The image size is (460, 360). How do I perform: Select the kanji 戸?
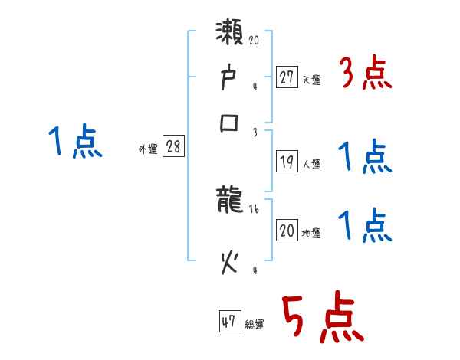click(229, 78)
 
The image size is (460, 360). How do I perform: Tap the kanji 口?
click(229, 123)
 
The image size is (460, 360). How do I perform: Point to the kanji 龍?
click(230, 202)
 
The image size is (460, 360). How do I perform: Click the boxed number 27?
click(287, 77)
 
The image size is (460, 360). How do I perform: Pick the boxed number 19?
click(287, 162)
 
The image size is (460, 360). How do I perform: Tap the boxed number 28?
click(173, 148)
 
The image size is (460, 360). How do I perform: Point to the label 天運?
click(311, 80)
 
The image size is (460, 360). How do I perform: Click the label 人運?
click(311, 164)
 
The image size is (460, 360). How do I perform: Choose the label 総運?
click(255, 324)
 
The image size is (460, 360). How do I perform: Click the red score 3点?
click(366, 74)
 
